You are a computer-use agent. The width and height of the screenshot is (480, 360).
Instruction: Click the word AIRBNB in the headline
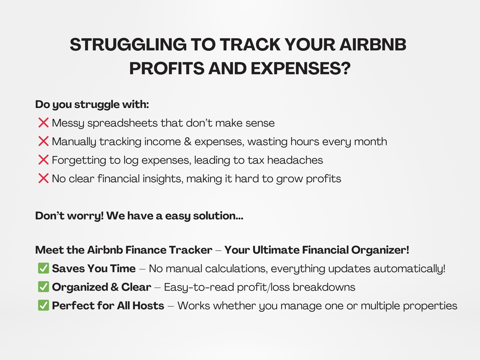pyautogui.click(x=373, y=45)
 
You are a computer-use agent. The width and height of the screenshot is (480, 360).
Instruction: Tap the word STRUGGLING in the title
pyautogui.click(x=128, y=45)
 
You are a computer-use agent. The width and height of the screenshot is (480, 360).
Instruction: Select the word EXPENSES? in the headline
pyautogui.click(x=301, y=68)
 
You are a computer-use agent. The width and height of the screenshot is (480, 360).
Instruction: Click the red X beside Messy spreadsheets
pyautogui.click(x=43, y=122)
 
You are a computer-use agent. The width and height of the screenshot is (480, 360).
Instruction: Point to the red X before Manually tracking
pyautogui.click(x=43, y=141)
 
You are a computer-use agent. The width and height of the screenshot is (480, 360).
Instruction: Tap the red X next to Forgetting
pyautogui.click(x=43, y=160)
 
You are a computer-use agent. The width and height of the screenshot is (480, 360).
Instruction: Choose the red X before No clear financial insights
pyautogui.click(x=43, y=178)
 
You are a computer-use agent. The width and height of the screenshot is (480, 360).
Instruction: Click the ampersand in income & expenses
pyautogui.click(x=187, y=141)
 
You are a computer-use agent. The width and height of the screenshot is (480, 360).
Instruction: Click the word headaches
pyautogui.click(x=295, y=160)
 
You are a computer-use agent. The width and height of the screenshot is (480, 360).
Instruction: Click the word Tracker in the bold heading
pyautogui.click(x=190, y=250)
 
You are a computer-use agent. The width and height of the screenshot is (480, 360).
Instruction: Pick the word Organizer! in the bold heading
pyautogui.click(x=380, y=250)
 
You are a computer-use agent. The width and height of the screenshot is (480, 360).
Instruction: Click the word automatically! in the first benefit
pyautogui.click(x=409, y=269)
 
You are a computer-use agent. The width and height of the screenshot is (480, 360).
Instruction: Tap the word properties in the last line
pyautogui.click(x=430, y=306)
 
